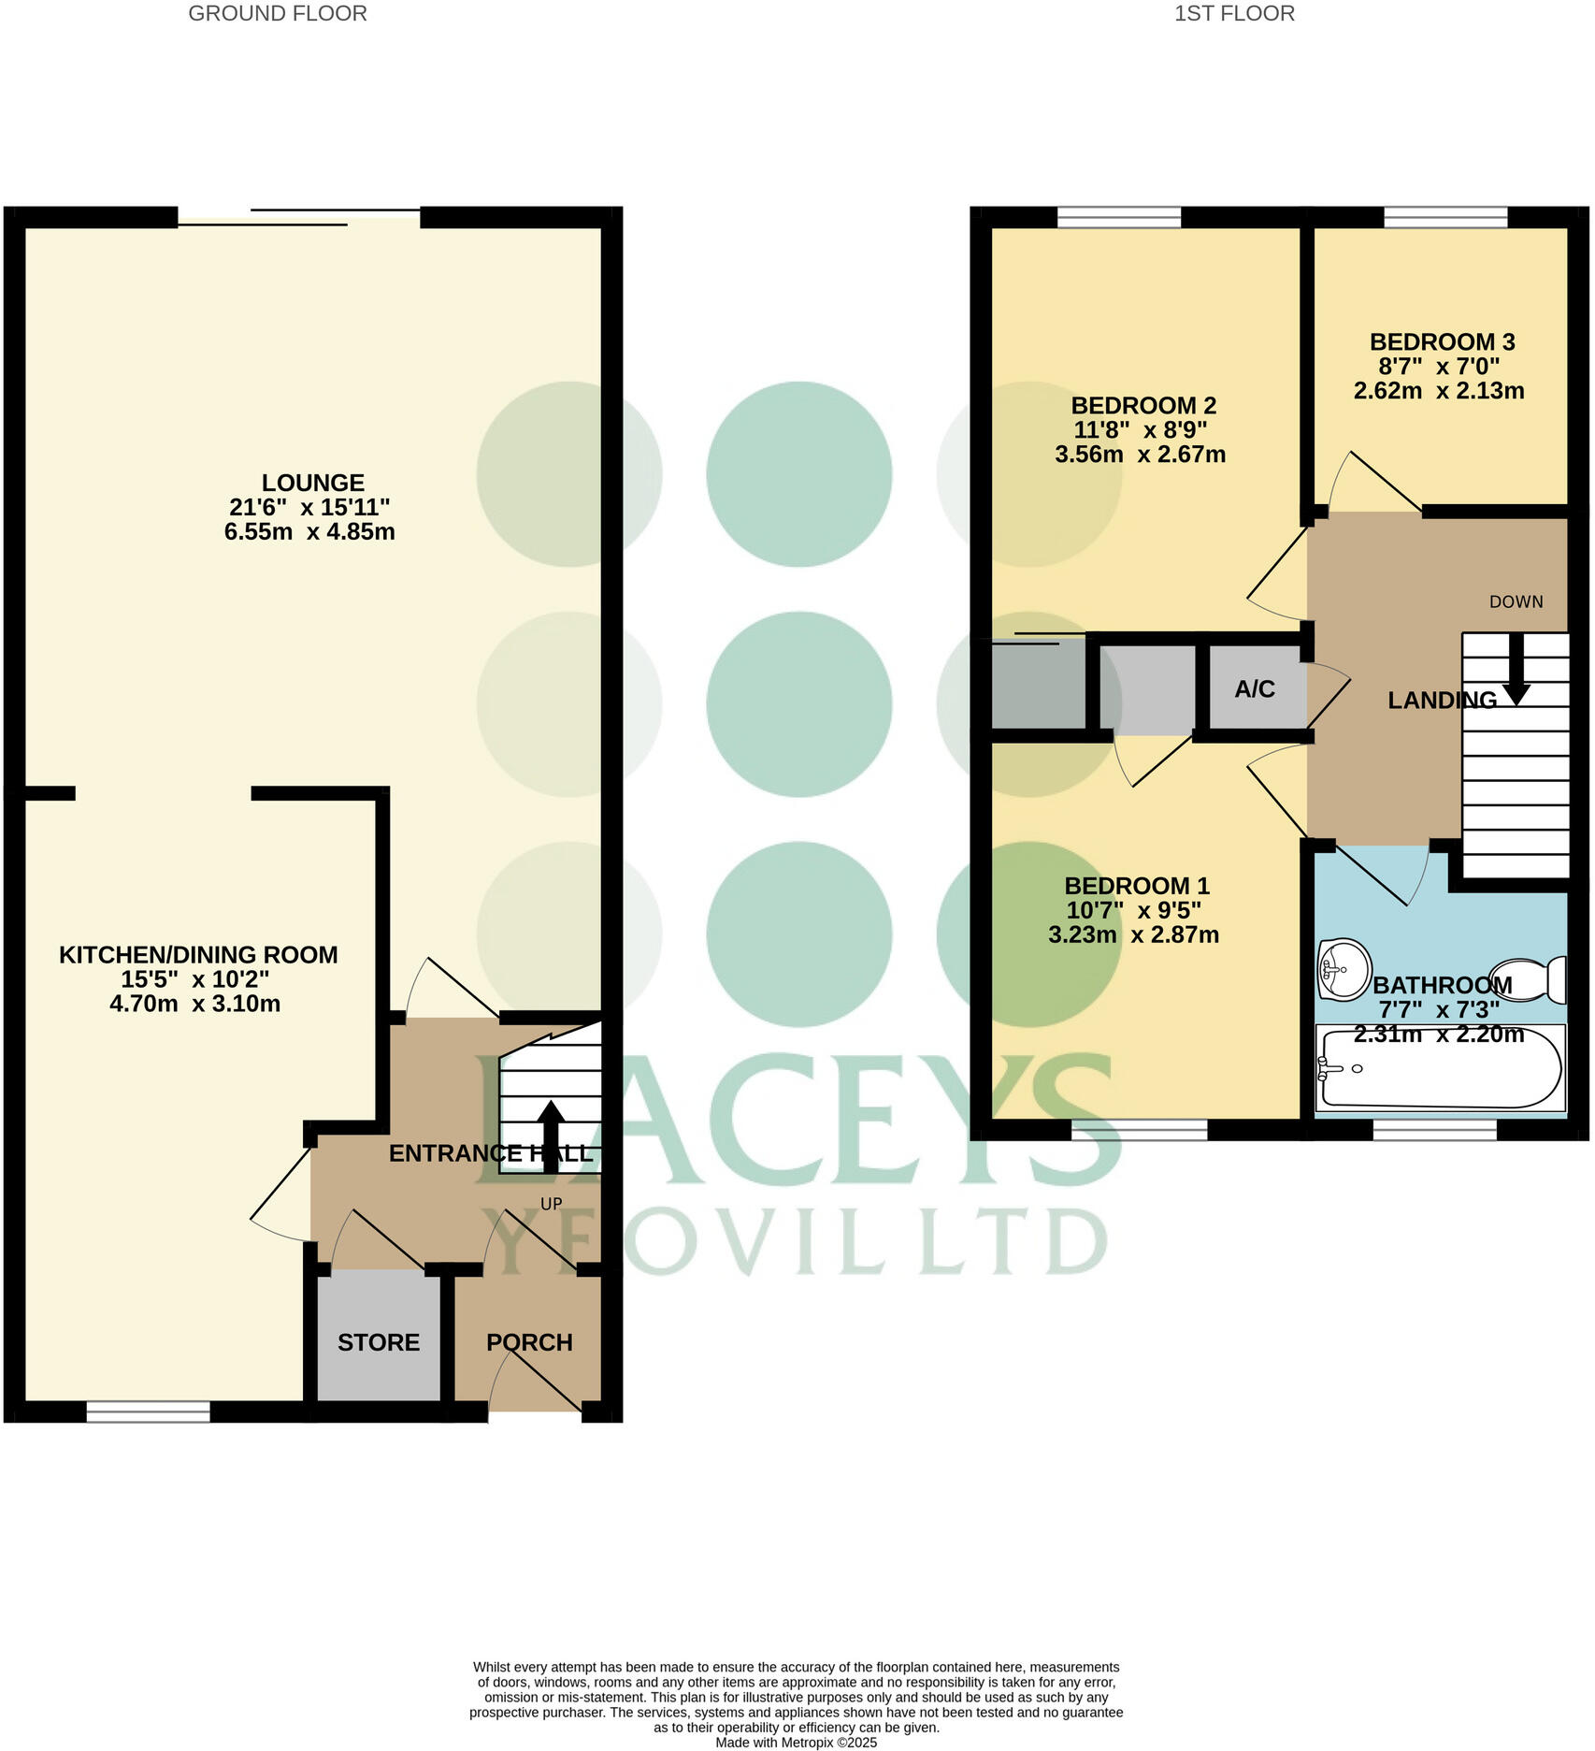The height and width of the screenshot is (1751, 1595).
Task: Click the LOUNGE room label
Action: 312,483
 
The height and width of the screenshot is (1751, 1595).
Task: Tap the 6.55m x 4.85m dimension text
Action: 309,531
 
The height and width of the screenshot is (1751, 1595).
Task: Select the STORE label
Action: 378,1342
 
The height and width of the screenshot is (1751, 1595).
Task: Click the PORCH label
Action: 529,1342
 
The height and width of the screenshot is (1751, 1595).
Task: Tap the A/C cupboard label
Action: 1254,689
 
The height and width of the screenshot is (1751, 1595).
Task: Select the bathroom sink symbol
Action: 1344,969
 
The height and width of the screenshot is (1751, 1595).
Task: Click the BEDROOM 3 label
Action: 1442,341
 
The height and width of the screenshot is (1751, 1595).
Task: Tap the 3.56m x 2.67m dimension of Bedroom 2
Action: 1140,455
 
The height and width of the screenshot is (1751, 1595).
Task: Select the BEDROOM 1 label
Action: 1137,885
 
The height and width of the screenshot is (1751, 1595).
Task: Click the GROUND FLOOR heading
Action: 278,13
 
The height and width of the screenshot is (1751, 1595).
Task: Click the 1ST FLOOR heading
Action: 1234,13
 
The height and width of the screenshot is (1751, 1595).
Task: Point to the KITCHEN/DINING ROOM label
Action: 198,954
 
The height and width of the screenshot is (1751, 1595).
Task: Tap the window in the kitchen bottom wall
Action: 149,1411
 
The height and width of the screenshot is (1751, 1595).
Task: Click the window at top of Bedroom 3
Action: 1445,218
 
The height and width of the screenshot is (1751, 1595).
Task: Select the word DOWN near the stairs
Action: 1516,601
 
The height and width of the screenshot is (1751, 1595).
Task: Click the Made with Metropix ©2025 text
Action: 796,1743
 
